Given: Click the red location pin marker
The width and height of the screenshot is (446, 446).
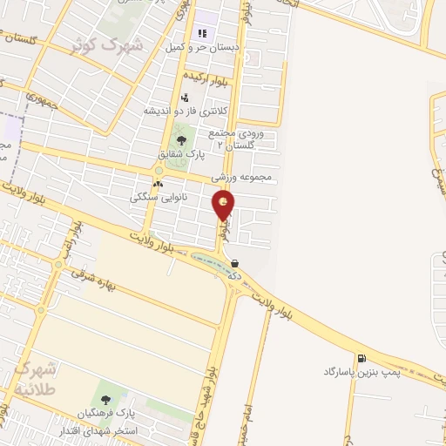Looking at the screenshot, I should click(x=224, y=206).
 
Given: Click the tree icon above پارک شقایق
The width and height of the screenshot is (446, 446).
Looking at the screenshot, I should click(x=181, y=139).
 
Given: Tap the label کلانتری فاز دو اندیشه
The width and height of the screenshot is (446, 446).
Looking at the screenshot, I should click(x=192, y=111).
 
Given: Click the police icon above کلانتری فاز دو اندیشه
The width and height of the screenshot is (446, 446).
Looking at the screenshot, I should click(x=185, y=98).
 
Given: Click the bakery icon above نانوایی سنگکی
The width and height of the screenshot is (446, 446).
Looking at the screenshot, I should click(x=157, y=185).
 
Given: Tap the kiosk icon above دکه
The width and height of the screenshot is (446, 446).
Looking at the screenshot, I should click(x=235, y=262).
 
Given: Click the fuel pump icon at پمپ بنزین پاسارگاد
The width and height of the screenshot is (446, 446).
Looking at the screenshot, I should click(x=360, y=358).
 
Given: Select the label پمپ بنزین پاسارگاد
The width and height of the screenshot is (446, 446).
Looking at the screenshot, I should click(x=360, y=372).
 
